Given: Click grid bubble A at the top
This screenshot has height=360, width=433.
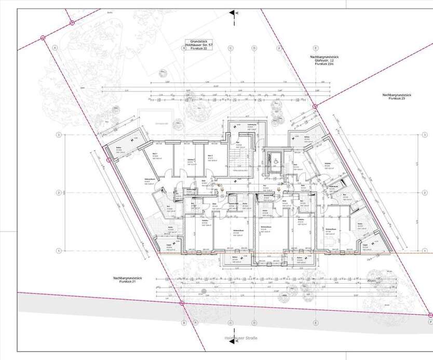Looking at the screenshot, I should (54, 48).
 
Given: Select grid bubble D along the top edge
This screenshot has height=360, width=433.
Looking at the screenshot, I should (254, 48).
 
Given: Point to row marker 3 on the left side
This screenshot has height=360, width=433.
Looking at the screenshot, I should (60, 135).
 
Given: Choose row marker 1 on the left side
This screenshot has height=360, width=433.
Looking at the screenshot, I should (60, 250).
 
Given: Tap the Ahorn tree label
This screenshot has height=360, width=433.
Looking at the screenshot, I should (371, 281).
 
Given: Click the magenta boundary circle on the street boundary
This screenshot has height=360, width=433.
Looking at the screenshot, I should (182, 303).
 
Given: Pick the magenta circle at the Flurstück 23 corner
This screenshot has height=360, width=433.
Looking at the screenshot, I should (315, 106).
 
